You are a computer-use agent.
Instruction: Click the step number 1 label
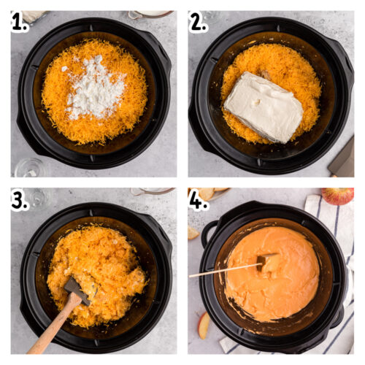pos(20,23)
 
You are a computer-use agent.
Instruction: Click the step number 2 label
pos(199,23)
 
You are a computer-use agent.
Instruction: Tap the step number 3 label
pos(20,200)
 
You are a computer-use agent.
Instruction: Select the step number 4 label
pos(199,200)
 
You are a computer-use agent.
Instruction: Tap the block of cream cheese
pos(264,106)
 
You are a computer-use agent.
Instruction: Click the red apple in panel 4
pos(338,195)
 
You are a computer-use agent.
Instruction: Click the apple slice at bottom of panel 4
pos(204,325)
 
